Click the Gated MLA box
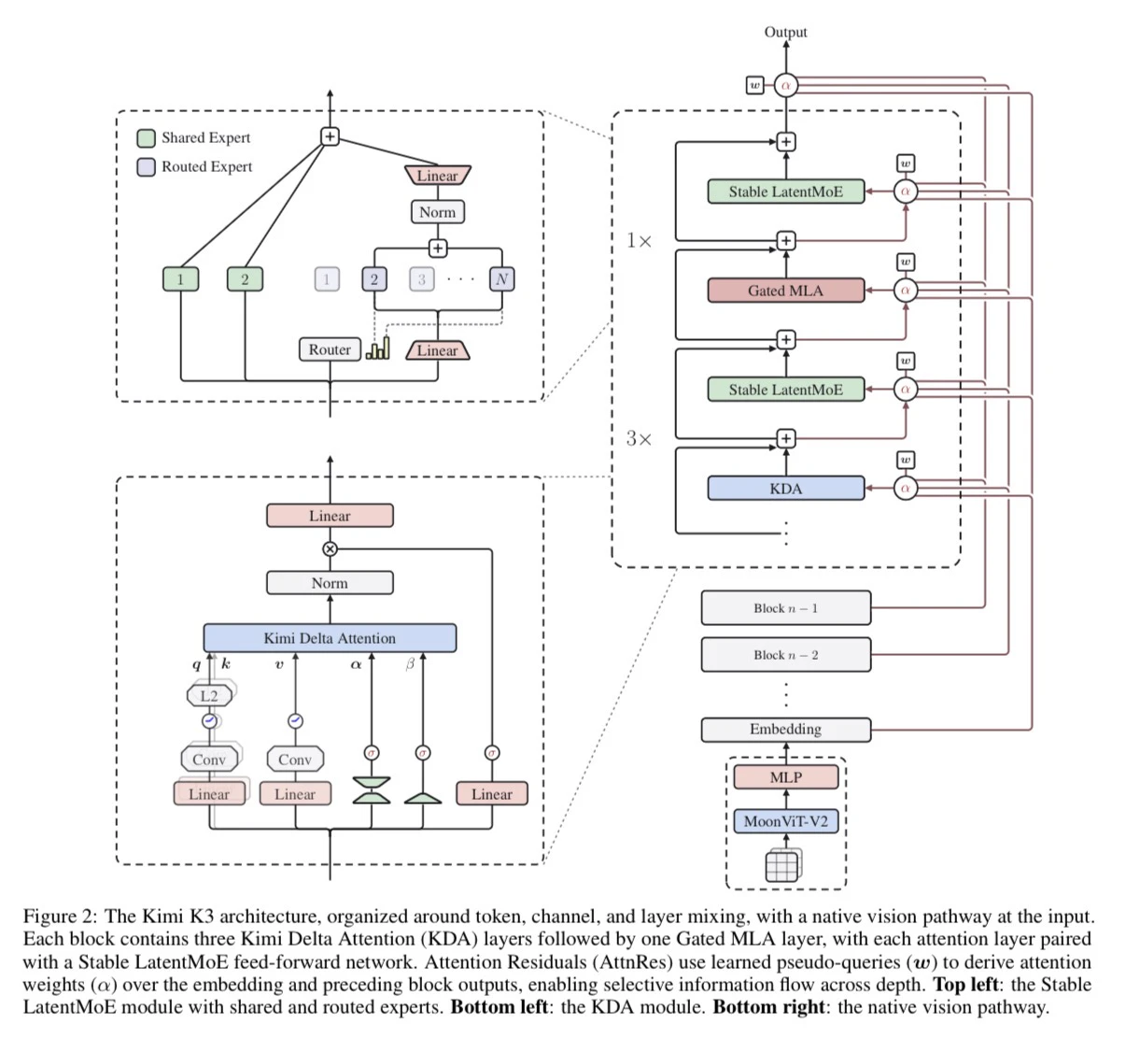point(785,291)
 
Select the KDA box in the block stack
point(785,488)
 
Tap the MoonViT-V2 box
point(785,821)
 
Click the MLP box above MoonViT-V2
point(785,776)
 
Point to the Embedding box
point(785,729)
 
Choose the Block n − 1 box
point(785,607)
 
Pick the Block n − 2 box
point(785,654)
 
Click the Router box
point(330,349)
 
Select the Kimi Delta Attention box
point(330,638)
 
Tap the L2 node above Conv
point(209,696)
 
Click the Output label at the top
point(785,32)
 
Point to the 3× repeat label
point(639,439)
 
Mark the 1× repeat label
point(639,241)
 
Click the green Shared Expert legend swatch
point(146,138)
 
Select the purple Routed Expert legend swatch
point(146,167)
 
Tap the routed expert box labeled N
point(501,279)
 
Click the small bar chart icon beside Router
point(378,348)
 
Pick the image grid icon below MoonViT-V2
point(783,865)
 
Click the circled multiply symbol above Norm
point(330,548)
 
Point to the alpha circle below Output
point(785,85)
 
